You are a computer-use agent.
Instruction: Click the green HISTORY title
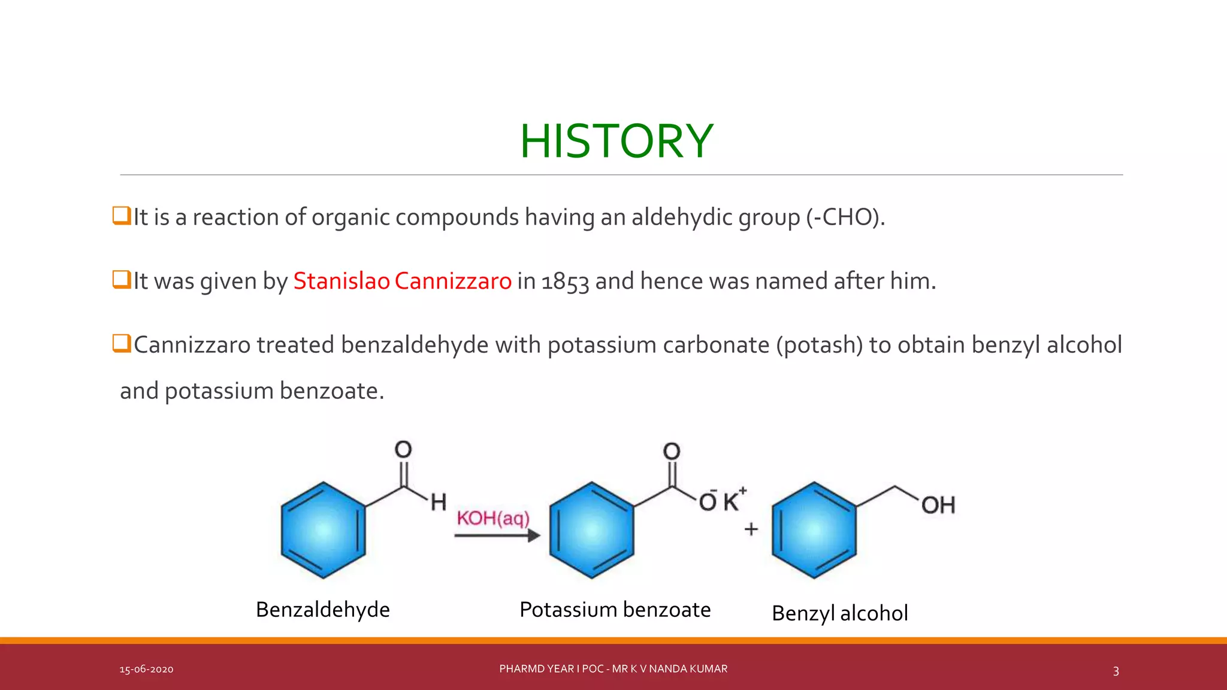point(616,141)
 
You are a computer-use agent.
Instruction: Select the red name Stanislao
point(341,281)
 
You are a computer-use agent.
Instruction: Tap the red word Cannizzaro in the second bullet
point(453,281)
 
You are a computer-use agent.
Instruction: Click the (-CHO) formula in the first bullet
point(845,217)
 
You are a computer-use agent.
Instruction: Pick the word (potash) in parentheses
point(820,346)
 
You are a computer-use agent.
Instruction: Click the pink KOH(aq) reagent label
point(493,517)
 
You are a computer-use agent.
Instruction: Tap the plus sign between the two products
point(751,529)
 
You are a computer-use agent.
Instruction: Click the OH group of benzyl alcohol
point(938,505)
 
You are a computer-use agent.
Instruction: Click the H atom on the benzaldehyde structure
point(439,502)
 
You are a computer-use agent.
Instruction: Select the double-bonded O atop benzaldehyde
point(403,449)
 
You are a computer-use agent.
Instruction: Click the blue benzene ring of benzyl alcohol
point(814,530)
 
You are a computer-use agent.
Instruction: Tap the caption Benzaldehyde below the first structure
point(322,610)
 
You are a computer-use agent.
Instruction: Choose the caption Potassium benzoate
point(615,610)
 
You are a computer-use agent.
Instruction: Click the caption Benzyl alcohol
point(839,613)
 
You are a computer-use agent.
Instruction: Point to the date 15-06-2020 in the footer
point(146,670)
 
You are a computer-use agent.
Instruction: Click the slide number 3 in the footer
point(1116,671)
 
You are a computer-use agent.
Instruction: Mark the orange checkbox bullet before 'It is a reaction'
point(122,216)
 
